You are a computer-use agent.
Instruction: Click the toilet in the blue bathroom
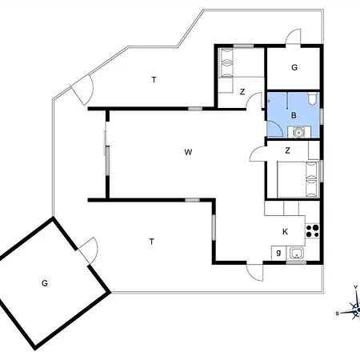pyautogui.click(x=312, y=98)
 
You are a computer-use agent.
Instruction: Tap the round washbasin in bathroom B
pyautogui.click(x=298, y=132)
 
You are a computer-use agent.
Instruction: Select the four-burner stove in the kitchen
pyautogui.click(x=312, y=231)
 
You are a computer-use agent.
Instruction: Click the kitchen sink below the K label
pyautogui.click(x=296, y=253)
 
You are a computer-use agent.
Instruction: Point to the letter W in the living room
pyautogui.click(x=188, y=152)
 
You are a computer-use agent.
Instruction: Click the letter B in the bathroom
pyautogui.click(x=294, y=115)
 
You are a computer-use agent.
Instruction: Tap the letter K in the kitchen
pyautogui.click(x=285, y=232)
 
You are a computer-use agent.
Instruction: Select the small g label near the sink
pyautogui.click(x=278, y=252)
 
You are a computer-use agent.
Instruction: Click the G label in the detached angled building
pyautogui.click(x=45, y=283)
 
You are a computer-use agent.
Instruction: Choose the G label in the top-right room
pyautogui.click(x=294, y=67)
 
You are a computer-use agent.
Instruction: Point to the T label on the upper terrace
pyautogui.click(x=154, y=80)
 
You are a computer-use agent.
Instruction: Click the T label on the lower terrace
pyautogui.click(x=151, y=242)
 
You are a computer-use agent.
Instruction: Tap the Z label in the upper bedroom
pyautogui.click(x=242, y=92)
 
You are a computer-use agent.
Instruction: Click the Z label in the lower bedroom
pyautogui.click(x=287, y=150)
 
